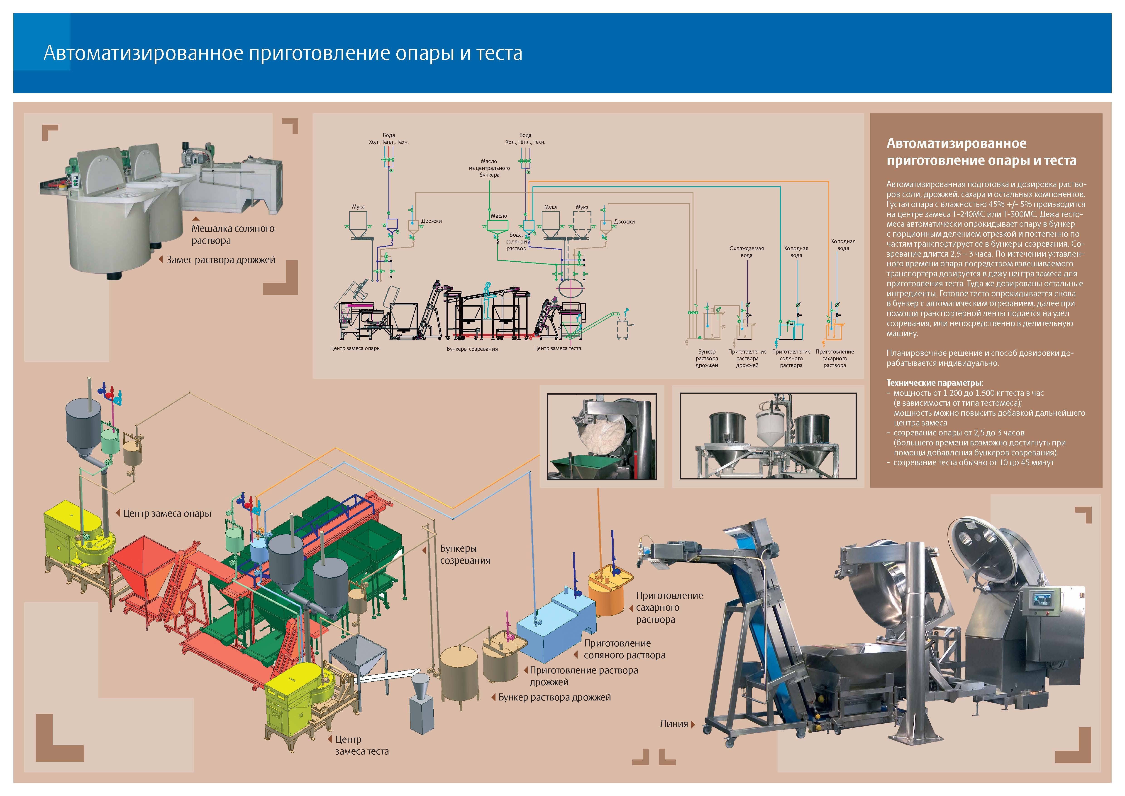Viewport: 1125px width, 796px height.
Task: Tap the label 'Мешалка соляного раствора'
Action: pyautogui.click(x=233, y=234)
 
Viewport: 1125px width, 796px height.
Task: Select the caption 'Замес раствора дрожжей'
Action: pyautogui.click(x=220, y=260)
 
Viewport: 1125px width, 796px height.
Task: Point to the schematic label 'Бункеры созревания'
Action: pyautogui.click(x=472, y=349)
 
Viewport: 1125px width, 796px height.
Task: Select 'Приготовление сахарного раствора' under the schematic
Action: pyautogui.click(x=835, y=358)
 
